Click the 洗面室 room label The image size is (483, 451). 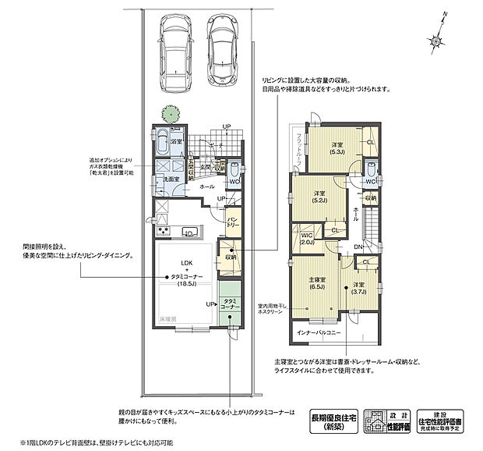(x=171, y=179)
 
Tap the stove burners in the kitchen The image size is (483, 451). (x=163, y=231)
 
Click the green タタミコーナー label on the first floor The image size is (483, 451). (x=231, y=304)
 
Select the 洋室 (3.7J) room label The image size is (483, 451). (x=358, y=287)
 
